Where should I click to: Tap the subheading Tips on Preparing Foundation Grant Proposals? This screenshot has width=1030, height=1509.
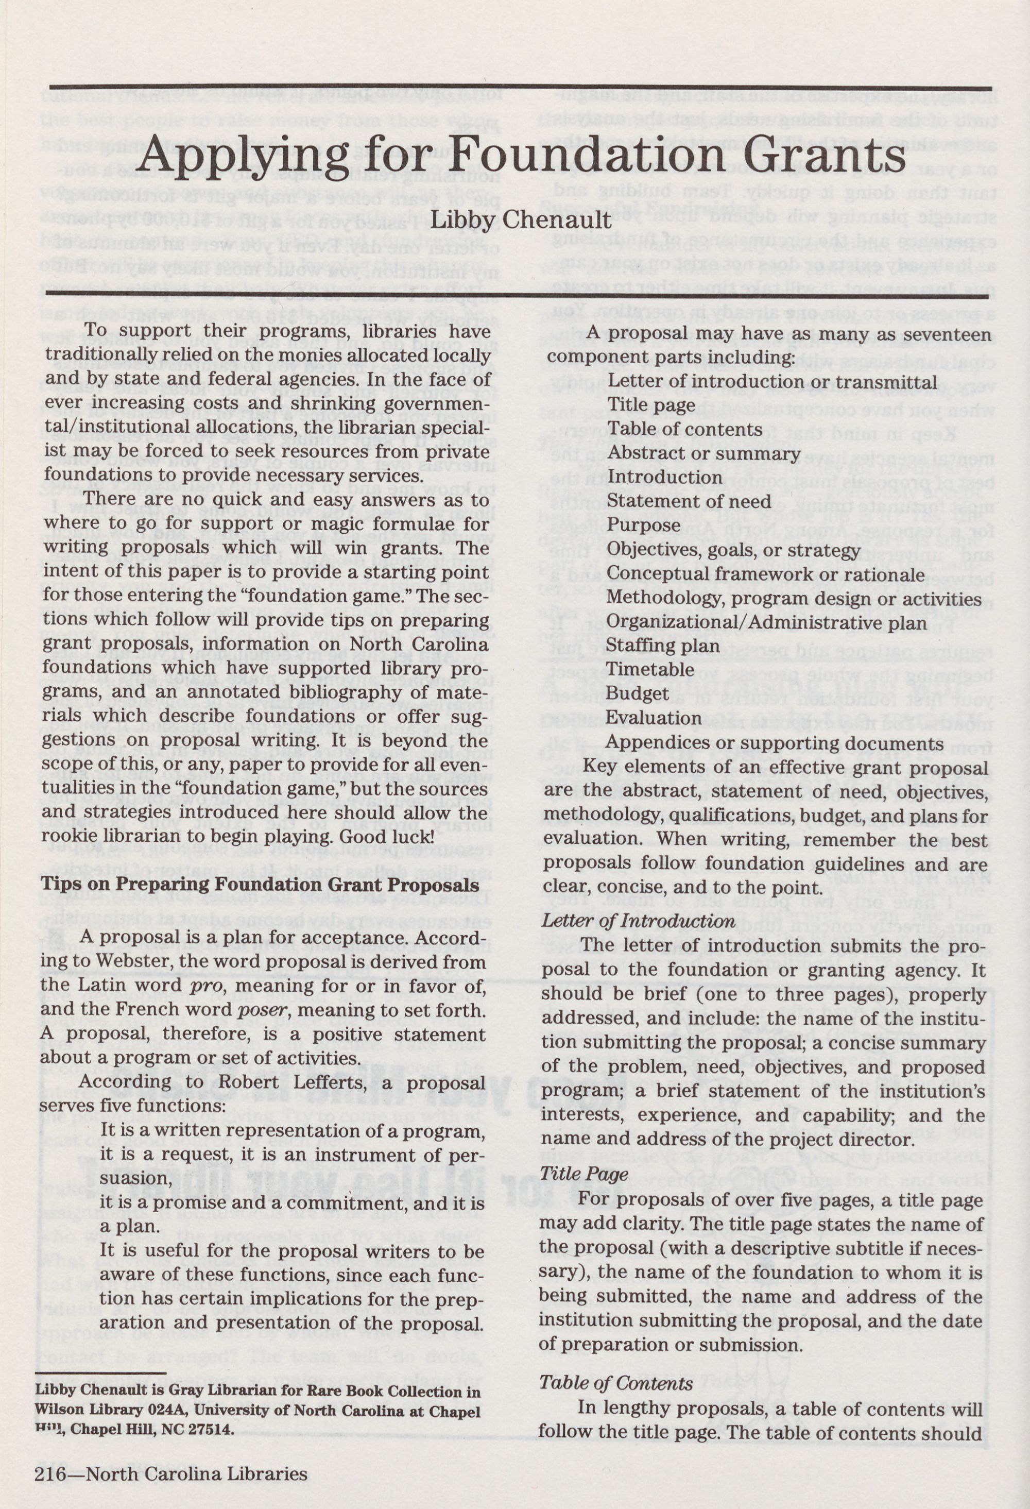pos(260,885)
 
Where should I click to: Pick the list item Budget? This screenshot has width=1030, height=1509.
pos(633,693)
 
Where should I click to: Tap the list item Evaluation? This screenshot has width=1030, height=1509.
pos(654,718)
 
